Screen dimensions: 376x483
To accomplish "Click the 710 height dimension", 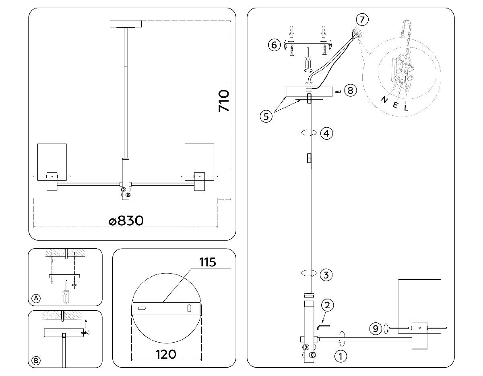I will tap(223, 101).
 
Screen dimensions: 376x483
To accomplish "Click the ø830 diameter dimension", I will tap(126, 221).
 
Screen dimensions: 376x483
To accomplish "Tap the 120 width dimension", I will tap(166, 354).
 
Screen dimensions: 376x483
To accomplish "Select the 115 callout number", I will tap(208, 262).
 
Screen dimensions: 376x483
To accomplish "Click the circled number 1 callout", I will tap(341, 356).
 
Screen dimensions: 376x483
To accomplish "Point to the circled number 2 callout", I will tap(327, 305).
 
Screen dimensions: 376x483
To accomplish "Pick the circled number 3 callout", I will tap(326, 275).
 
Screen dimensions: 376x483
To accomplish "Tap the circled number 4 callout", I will tap(326, 133).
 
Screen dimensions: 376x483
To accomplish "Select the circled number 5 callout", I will tap(265, 116).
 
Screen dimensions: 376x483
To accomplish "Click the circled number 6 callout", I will tap(274, 45).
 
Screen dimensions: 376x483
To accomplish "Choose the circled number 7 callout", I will tap(362, 19).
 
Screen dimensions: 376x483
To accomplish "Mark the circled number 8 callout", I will tap(350, 91).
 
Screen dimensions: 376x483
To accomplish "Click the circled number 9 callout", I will tap(375, 329).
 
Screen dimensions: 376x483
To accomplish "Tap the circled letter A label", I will tap(36, 298).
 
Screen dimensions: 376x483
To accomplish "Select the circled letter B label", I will tap(36, 361).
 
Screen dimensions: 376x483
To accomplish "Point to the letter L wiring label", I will tap(406, 108).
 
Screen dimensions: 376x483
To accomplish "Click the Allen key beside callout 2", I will tap(323, 326).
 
